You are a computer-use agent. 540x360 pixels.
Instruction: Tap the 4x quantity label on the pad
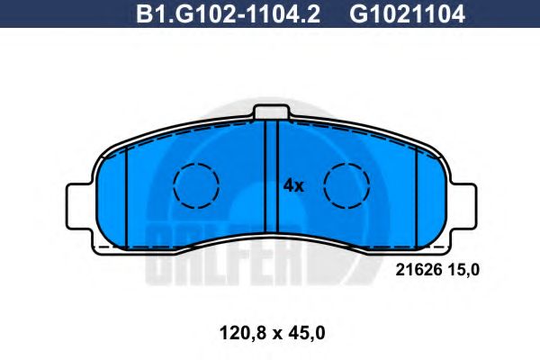pos(294,186)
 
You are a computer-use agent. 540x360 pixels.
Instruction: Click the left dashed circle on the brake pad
pos(196,187)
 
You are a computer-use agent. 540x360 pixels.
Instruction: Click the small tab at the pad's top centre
pos(273,112)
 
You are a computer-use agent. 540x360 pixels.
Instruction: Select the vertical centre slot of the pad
pos(273,180)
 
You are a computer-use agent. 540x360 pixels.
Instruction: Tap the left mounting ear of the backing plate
pos(79,203)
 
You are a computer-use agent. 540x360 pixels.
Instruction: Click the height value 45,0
pos(305,333)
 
